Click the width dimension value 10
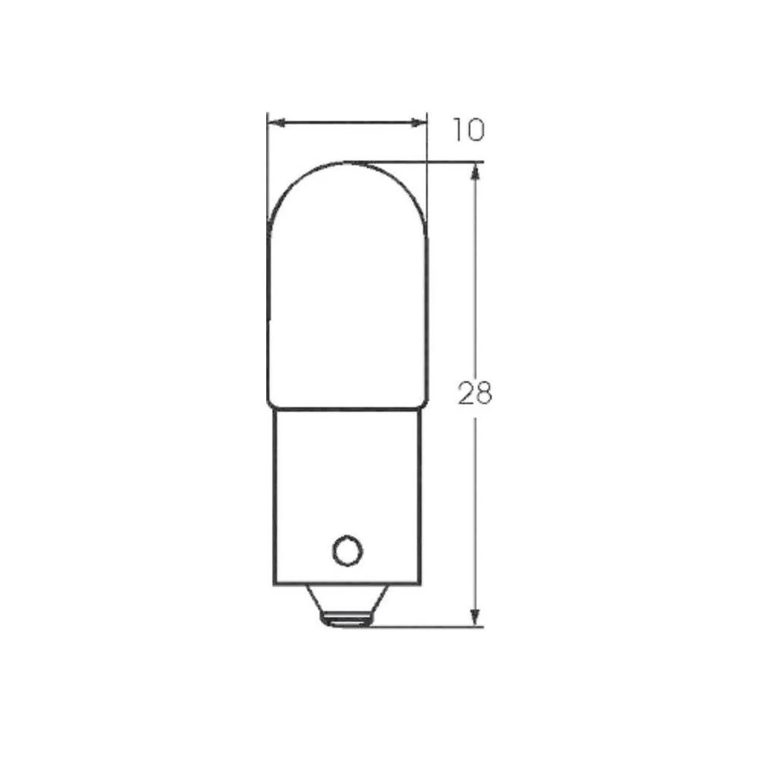pyautogui.click(x=467, y=131)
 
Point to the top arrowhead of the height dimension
pyautogui.click(x=475, y=170)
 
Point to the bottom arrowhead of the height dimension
pyautogui.click(x=475, y=618)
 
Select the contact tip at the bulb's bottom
pyautogui.click(x=346, y=622)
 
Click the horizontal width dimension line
pyautogui.click(x=347, y=122)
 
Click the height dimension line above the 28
pyautogui.click(x=475, y=274)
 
